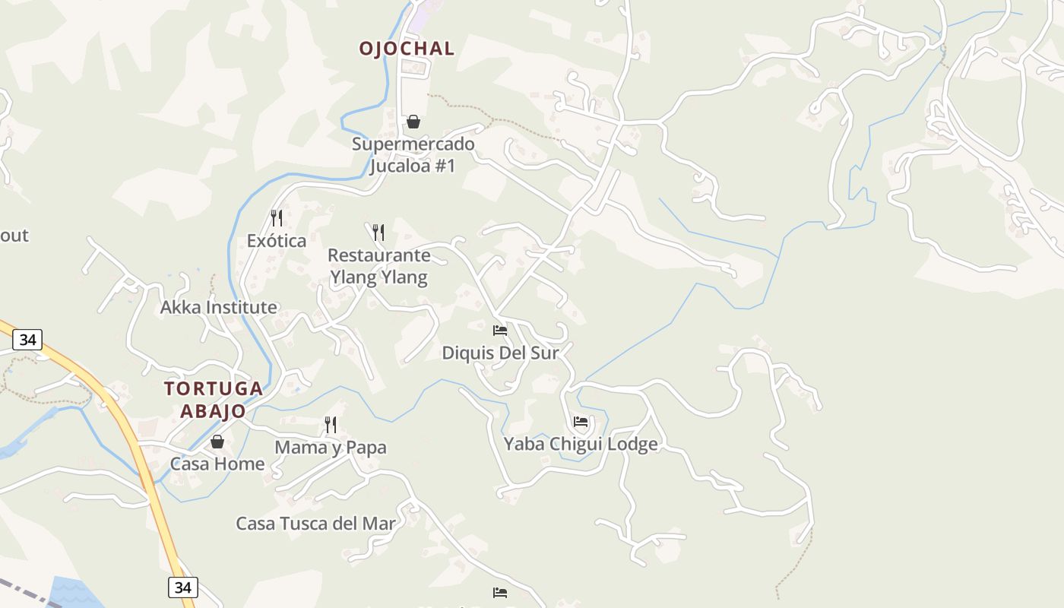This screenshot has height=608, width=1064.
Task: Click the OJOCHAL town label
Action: click(407, 49)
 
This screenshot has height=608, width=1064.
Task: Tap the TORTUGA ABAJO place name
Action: click(214, 400)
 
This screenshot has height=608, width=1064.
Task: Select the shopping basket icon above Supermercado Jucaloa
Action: click(413, 122)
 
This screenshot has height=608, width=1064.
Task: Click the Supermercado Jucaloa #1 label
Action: click(413, 154)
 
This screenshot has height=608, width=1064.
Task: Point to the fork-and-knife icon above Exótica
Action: click(277, 219)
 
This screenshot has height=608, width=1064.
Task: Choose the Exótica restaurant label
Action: click(277, 241)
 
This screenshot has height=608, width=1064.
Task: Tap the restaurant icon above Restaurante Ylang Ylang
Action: click(378, 232)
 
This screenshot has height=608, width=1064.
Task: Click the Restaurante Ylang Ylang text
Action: click(378, 266)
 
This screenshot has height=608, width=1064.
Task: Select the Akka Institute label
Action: click(218, 308)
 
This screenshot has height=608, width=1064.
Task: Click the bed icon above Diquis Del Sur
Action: click(500, 331)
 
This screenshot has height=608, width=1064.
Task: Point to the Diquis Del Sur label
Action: click(500, 353)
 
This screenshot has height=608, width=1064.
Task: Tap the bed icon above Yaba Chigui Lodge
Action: click(581, 422)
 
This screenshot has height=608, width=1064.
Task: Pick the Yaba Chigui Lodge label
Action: click(581, 444)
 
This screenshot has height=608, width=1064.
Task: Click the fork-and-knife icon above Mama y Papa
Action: click(331, 425)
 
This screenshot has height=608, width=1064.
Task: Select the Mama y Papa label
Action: click(331, 448)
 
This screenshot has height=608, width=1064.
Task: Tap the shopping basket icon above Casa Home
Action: click(217, 442)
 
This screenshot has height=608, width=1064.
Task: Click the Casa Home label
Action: click(217, 464)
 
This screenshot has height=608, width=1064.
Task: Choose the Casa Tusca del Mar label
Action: click(315, 524)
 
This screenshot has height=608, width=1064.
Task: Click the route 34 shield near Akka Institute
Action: click(27, 340)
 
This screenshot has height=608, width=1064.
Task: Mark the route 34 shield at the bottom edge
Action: click(182, 587)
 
